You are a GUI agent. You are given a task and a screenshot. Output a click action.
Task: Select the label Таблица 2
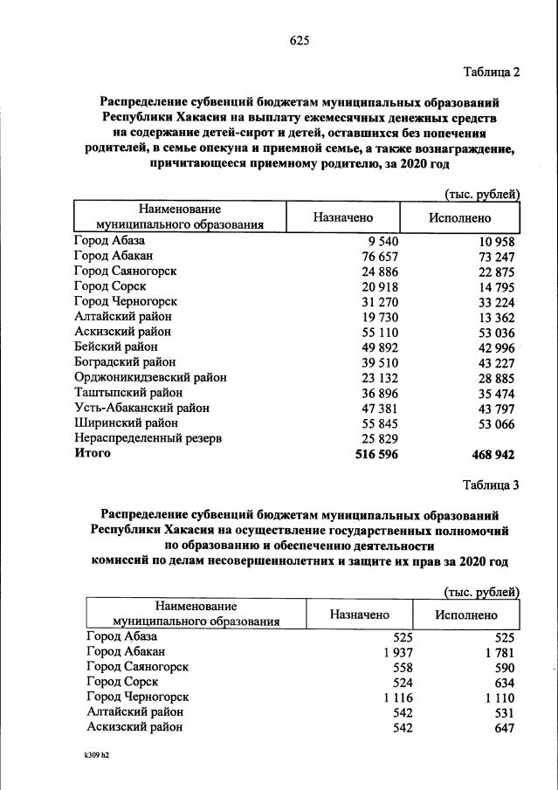pos(489,72)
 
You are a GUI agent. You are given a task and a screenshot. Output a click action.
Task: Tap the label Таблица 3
pos(489,487)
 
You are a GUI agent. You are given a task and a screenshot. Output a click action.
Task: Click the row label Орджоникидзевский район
pos(150,377)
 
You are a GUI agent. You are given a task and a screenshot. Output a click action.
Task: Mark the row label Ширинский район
pos(121,422)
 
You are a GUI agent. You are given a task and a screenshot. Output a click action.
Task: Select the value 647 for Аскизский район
pos(502,728)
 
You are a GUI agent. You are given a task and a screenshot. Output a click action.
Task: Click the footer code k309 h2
pos(90,758)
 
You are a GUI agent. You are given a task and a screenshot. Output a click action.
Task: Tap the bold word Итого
pos(93,454)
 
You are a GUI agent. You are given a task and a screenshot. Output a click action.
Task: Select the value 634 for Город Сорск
pos(502,683)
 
